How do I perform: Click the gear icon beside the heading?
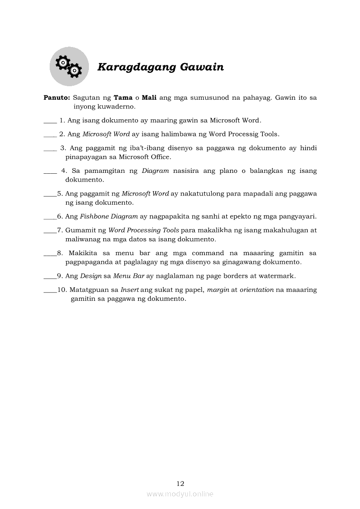[69, 67]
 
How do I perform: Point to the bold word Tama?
[123, 98]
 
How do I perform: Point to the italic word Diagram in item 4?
[155, 171]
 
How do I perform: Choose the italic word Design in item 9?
[91, 276]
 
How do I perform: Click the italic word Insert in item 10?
[129, 290]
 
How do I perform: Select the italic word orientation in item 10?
[256, 290]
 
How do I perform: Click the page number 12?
[180, 483]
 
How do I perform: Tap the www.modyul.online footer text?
[180, 494]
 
